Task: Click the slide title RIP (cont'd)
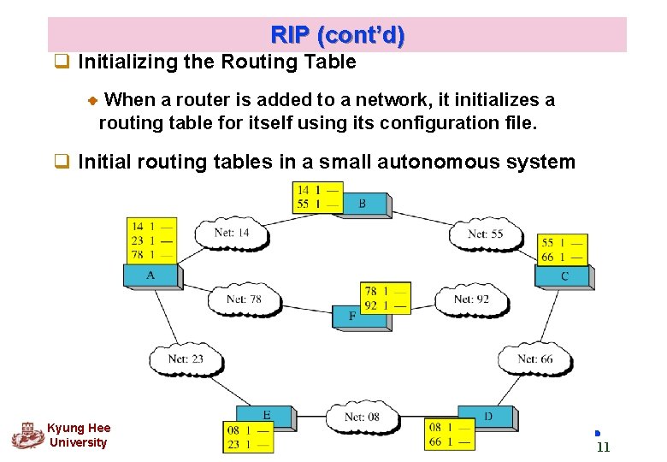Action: tap(337, 36)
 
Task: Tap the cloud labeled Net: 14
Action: tap(231, 233)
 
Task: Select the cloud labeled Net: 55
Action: tap(485, 234)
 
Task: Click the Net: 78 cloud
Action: tap(244, 299)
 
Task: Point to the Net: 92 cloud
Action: tap(471, 299)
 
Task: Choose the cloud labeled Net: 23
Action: tap(186, 359)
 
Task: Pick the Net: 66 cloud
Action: tap(534, 359)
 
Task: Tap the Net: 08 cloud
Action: tap(362, 418)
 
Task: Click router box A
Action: tap(151, 275)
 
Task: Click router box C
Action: tap(564, 276)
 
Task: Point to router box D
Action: tap(487, 417)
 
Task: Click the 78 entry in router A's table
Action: tap(137, 254)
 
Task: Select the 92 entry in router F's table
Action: tap(370, 305)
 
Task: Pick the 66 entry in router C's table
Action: tap(547, 257)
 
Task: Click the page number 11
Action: tap(603, 447)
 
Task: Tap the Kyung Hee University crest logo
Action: tap(27, 435)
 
